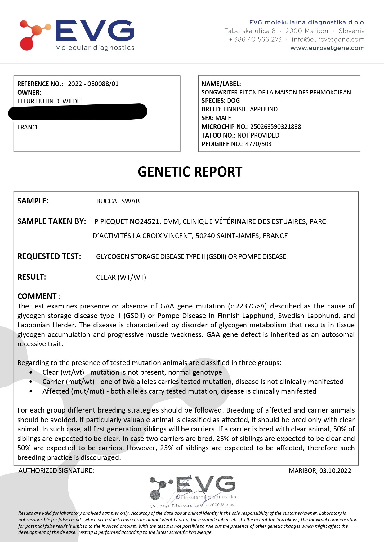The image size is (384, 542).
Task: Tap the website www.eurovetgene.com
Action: (x=327, y=48)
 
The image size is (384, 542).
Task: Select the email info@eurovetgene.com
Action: (x=328, y=39)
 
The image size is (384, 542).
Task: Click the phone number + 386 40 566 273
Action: (x=255, y=39)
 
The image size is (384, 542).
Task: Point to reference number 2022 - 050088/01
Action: (x=93, y=84)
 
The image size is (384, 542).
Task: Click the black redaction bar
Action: (x=78, y=111)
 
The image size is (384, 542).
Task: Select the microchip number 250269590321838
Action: (x=275, y=127)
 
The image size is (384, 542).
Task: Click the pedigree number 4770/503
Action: (x=258, y=144)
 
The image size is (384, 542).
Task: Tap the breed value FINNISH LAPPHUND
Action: (x=250, y=109)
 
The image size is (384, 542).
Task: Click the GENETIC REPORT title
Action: (x=190, y=172)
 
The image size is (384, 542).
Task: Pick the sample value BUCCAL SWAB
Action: (x=118, y=201)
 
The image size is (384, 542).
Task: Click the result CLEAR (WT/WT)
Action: (x=121, y=277)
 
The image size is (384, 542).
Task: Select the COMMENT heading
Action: (x=39, y=296)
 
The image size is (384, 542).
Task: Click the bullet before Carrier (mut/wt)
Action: (x=31, y=382)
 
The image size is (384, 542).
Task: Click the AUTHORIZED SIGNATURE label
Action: (x=56, y=471)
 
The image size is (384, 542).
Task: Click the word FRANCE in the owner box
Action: (x=28, y=127)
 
